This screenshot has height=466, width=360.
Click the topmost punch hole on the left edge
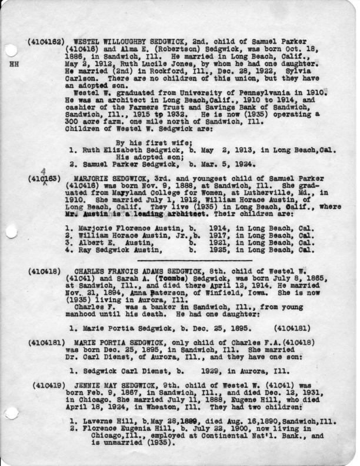coord(9,51)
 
